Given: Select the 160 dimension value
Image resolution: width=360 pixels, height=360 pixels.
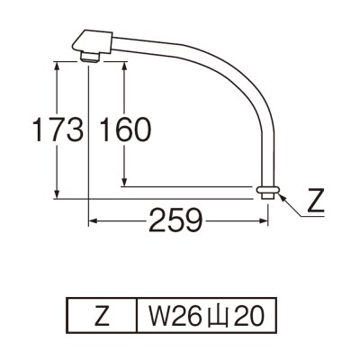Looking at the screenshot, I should [124, 130].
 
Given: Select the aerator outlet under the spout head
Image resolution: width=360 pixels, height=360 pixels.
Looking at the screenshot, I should [88, 58].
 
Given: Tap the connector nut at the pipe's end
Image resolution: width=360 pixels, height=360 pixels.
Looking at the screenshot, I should [267, 193].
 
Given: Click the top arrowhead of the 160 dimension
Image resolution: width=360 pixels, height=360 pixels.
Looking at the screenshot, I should [123, 65].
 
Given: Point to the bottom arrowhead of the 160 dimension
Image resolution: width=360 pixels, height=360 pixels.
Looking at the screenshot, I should [123, 183].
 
